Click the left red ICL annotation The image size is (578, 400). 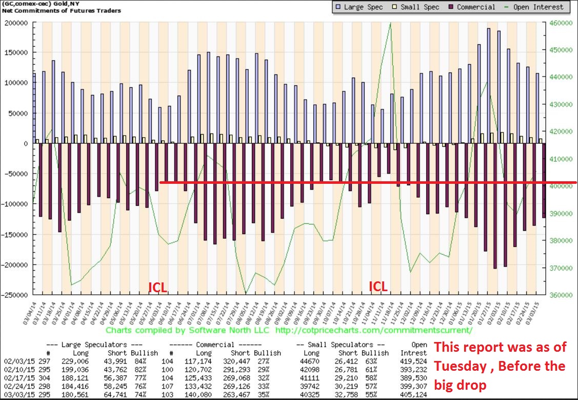point(157,287)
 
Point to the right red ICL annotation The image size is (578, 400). point(378,287)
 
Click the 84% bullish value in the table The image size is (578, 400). point(138,361)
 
